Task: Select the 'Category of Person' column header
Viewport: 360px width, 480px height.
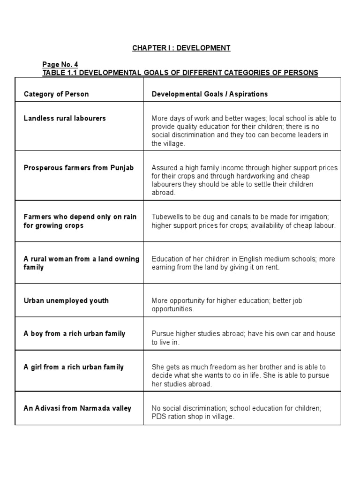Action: [x=56, y=94]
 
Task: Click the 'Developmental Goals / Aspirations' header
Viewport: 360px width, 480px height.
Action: [x=210, y=94]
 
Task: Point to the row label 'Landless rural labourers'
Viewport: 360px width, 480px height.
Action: [x=65, y=118]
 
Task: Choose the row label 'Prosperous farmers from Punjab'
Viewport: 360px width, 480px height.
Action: [x=79, y=168]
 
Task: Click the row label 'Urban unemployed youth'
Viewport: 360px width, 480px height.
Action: [x=66, y=300]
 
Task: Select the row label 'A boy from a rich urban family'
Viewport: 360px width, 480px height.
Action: [x=75, y=334]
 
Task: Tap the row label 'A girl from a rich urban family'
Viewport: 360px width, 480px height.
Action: [x=74, y=367]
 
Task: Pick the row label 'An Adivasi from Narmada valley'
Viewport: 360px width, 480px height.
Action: [x=77, y=408]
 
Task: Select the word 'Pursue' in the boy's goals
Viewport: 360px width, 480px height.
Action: [x=162, y=334]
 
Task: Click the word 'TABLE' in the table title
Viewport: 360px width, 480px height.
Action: [x=53, y=73]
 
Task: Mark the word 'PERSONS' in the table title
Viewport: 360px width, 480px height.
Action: [x=301, y=73]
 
